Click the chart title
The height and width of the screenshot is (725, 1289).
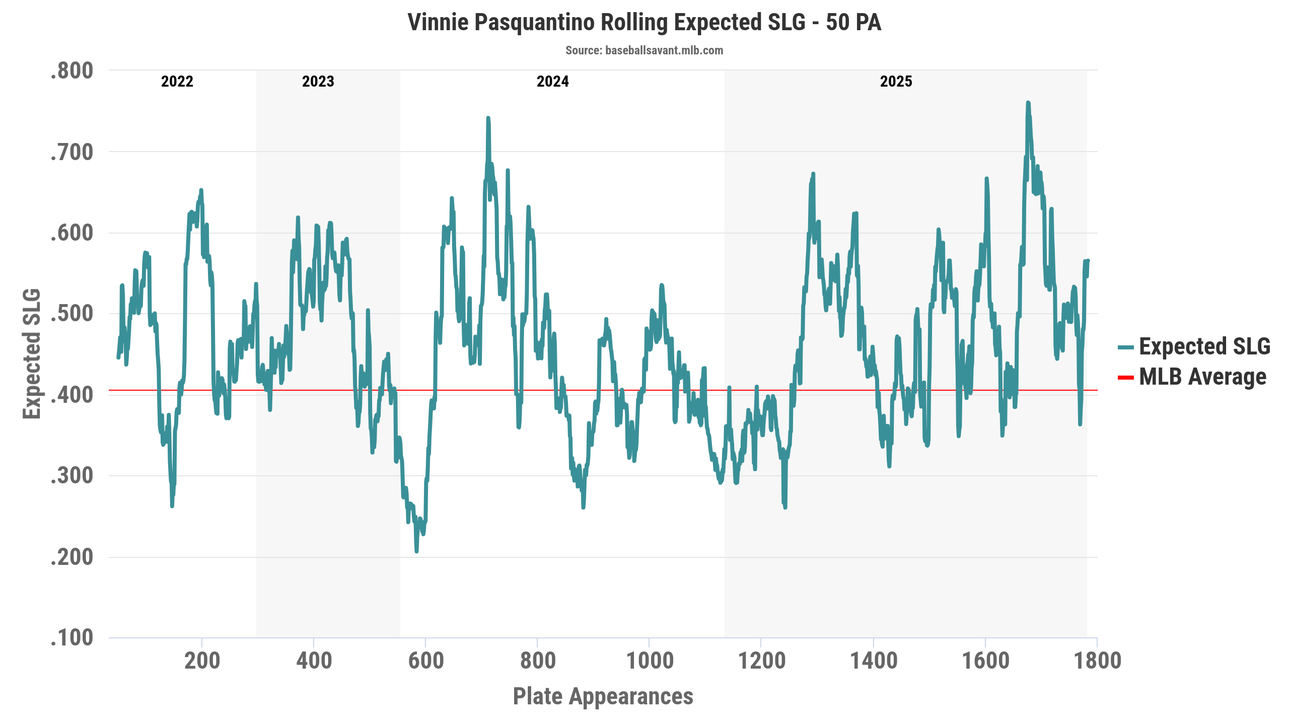coord(644,23)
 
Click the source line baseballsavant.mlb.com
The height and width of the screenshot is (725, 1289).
coord(644,50)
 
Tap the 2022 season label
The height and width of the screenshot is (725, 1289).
coord(177,82)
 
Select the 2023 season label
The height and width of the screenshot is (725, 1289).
coord(318,82)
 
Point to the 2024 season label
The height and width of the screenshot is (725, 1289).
coord(552,82)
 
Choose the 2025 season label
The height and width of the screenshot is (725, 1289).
coord(896,82)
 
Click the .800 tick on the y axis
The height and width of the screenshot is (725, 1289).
coord(72,71)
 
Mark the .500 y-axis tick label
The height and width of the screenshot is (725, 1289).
coord(72,314)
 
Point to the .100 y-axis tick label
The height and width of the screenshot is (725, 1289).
coord(72,638)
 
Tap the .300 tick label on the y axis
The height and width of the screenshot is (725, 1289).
coord(72,476)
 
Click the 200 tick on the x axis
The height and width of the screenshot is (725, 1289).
coord(202,661)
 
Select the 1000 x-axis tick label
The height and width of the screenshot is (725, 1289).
coord(650,661)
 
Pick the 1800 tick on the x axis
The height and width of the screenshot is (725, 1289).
coord(1097,661)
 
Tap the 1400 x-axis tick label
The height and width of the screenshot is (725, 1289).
coord(874,661)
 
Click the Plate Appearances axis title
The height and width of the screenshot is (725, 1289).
coord(603,696)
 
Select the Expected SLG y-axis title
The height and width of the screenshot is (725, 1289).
coord(32,353)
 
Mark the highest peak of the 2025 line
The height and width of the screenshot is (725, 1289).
coord(1028,103)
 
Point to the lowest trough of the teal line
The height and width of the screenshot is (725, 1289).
coord(416,551)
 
